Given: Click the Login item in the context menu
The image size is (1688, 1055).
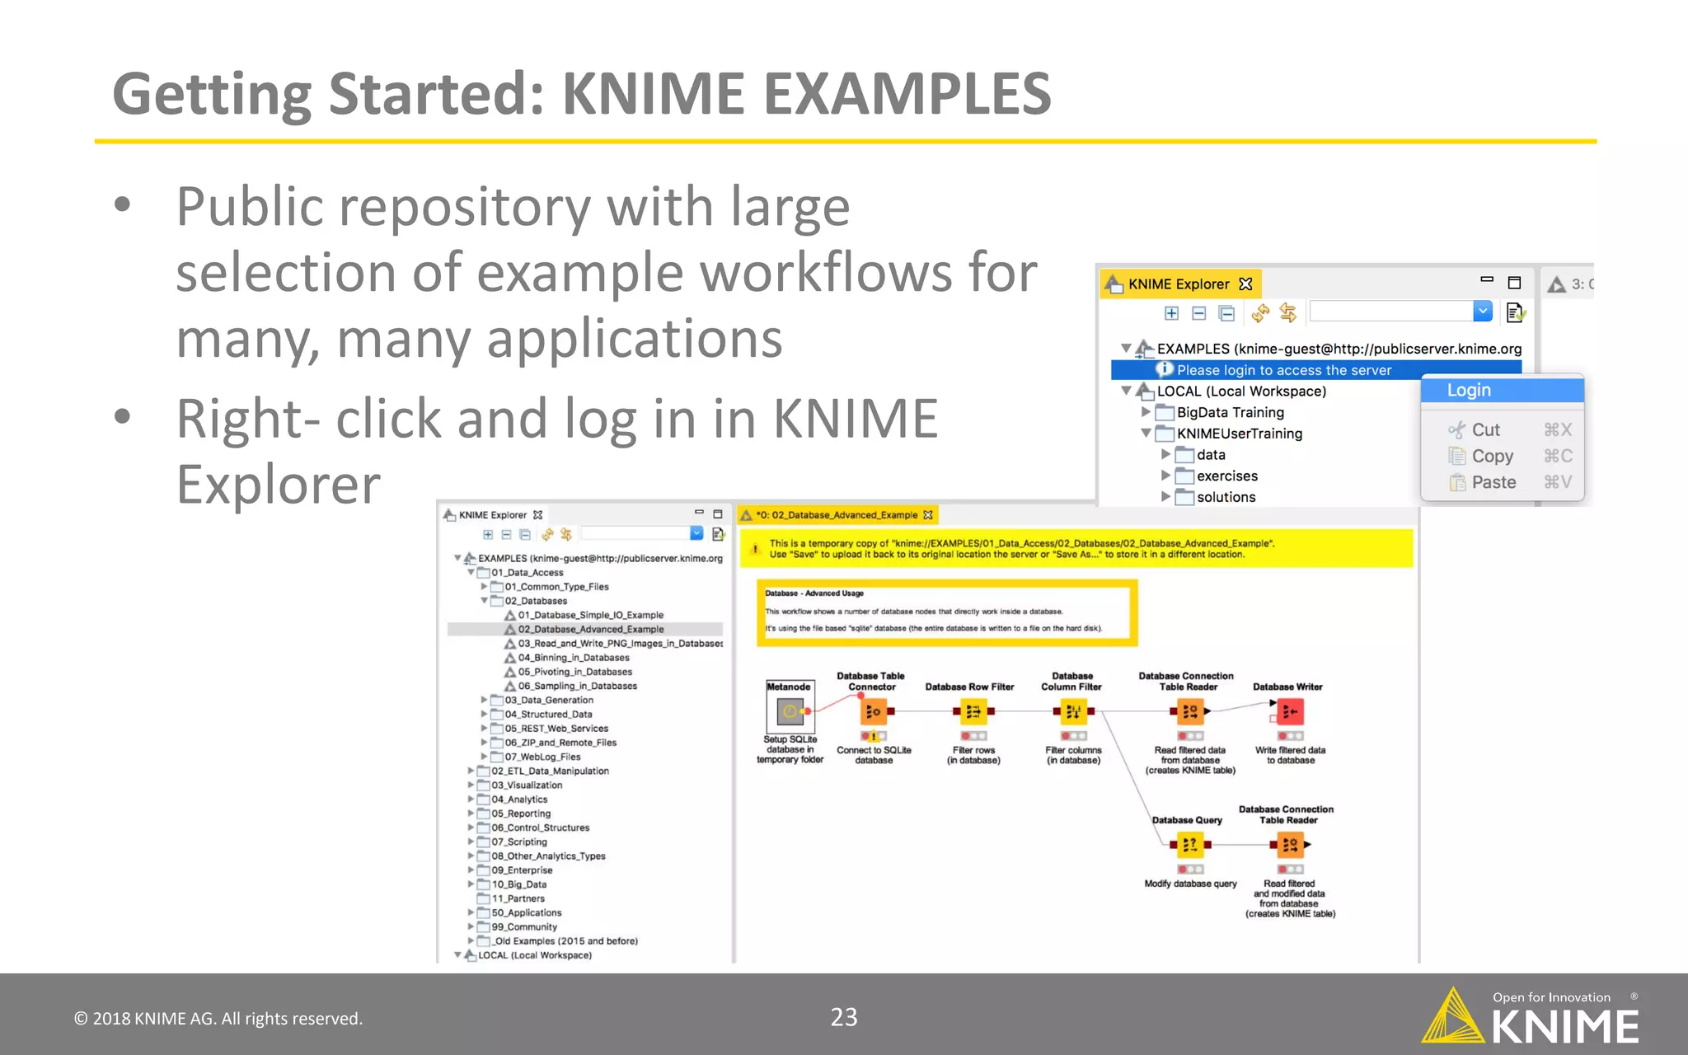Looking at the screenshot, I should coord(1469,391).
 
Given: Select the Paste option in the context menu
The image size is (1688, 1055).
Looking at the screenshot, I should coord(1493,482).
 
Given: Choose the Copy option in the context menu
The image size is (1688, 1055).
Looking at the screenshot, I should coord(1492,456).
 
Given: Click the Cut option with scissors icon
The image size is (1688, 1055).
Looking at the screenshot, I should coord(1485,429).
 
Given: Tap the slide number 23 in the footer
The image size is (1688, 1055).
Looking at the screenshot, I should coord(843,1017).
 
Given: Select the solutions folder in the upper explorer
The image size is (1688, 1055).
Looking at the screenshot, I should coord(1226,497).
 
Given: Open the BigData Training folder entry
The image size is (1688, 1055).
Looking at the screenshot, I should coord(1230,412).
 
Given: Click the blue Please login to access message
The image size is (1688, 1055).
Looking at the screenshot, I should coord(1283,370).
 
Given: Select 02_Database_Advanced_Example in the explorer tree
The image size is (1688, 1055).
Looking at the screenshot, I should coord(590,629).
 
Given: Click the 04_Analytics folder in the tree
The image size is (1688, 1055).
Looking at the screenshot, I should coord(519,799).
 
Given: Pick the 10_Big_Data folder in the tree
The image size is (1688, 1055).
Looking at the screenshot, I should coord(518,884).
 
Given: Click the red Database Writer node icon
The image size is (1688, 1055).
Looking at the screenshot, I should coord(1290,711).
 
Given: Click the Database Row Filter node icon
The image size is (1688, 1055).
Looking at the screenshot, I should coord(973,711).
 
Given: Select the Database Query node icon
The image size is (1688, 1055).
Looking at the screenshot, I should coord(1189,845).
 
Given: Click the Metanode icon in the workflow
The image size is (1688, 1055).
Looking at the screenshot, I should coord(790,710).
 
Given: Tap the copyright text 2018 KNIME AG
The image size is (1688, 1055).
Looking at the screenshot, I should coord(218,1019).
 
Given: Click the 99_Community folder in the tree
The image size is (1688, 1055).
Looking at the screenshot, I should coord(524,927).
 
